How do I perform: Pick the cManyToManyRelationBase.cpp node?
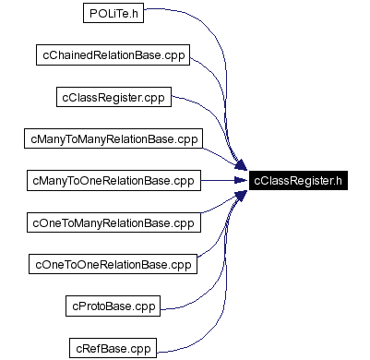[113, 138]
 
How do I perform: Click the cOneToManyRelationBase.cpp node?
[113, 222]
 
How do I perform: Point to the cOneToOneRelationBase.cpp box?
[113, 264]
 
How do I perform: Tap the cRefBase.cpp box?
[112, 347]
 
